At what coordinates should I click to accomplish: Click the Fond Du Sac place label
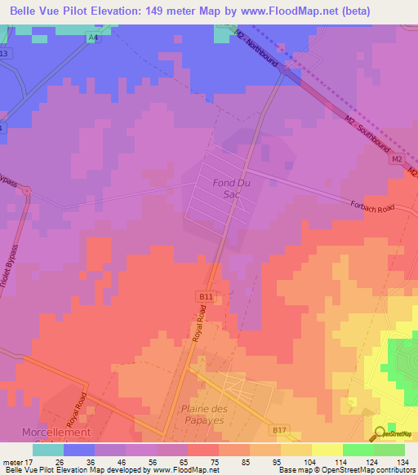[x=229, y=189]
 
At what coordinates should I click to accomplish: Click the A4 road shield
[x=94, y=38]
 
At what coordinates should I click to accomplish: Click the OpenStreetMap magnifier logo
[x=381, y=435]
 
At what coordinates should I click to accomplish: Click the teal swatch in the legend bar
[x=48, y=450]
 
